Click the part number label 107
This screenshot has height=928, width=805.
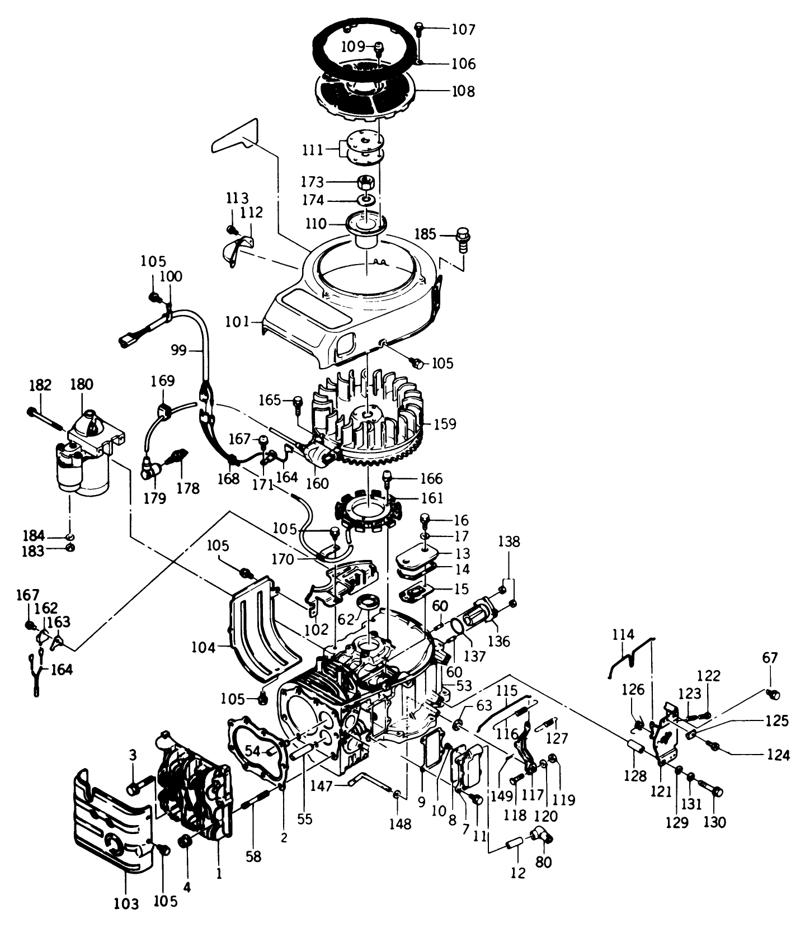[463, 30]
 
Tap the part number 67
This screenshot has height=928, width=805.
[770, 658]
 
